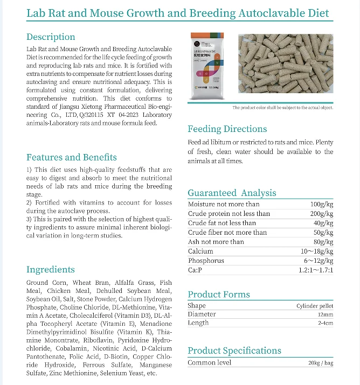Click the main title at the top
[x=178, y=13]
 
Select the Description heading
[x=51, y=37]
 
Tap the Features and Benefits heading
[x=72, y=157]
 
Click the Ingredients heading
[x=51, y=269]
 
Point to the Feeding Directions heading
[x=227, y=129]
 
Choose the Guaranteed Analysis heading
[x=232, y=193]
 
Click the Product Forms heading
[x=219, y=294]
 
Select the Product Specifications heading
[x=234, y=351]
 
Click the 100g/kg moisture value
[x=322, y=205]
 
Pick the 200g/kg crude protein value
[x=322, y=214]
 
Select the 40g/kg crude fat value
[x=323, y=223]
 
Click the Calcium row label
[x=200, y=251]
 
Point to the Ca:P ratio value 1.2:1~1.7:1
[x=315, y=270]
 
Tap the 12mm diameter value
[x=326, y=314]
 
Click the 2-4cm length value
[x=325, y=323]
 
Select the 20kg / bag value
[x=321, y=363]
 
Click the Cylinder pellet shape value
[x=315, y=306]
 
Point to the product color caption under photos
[x=282, y=108]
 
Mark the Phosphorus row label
[x=205, y=261]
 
